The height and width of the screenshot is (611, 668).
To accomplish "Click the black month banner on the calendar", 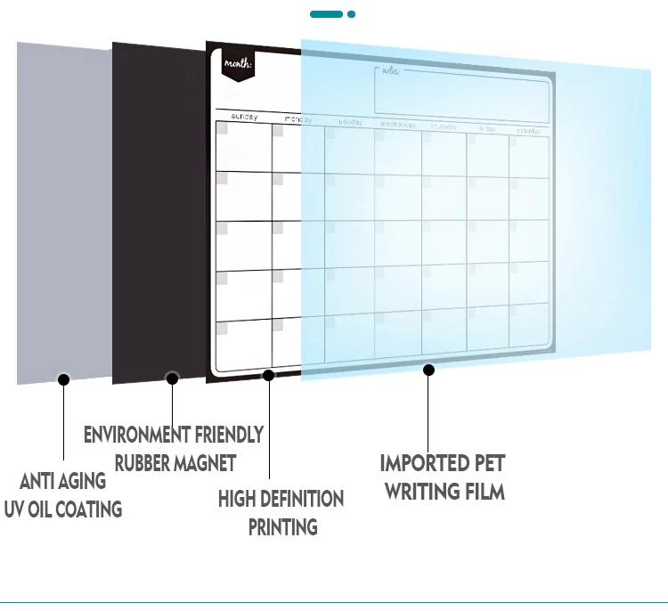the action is point(238,64).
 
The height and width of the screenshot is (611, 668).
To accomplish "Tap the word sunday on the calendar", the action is point(244,117).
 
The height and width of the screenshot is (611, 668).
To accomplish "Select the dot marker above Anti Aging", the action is point(63,379).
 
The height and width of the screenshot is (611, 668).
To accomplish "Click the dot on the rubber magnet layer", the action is point(173,379).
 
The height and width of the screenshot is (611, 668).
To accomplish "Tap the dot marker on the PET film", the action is point(428,369).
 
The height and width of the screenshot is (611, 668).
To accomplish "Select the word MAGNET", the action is point(204,463).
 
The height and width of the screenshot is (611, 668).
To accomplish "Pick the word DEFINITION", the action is point(299,499).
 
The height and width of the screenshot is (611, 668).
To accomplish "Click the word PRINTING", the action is point(282,527).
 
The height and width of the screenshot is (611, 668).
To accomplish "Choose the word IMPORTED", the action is point(424,463).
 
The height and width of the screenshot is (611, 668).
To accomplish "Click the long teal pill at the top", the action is point(326,14).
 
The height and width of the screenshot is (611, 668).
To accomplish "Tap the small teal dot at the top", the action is point(352,14).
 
